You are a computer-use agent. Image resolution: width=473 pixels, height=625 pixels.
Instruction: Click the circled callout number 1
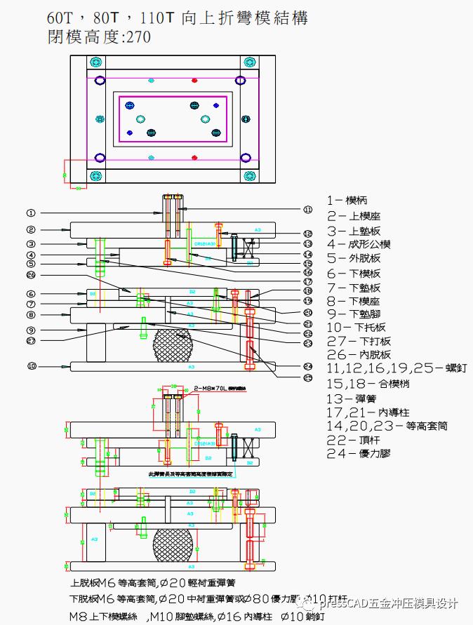click(31, 212)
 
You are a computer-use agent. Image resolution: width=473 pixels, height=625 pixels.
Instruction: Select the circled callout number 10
click(31, 366)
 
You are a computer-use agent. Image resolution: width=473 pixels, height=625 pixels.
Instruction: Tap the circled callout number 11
click(307, 209)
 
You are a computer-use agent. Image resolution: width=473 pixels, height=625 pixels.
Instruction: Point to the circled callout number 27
click(31, 342)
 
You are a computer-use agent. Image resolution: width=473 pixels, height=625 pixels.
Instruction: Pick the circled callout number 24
click(307, 366)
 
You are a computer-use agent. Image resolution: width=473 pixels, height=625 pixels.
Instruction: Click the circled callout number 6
click(31, 294)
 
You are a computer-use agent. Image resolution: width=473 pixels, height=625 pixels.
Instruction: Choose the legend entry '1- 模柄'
click(347, 200)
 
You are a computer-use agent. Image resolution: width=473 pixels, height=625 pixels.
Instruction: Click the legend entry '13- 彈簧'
click(351, 398)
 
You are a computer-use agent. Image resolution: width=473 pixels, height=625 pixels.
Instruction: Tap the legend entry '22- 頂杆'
click(352, 440)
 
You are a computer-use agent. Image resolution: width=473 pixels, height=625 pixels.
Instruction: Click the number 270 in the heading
click(138, 37)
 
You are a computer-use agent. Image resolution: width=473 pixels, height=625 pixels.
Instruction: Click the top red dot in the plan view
click(194, 81)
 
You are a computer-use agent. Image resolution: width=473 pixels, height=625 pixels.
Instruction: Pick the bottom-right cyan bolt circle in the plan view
click(249, 175)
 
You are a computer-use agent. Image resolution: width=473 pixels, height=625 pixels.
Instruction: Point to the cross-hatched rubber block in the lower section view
click(173, 545)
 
